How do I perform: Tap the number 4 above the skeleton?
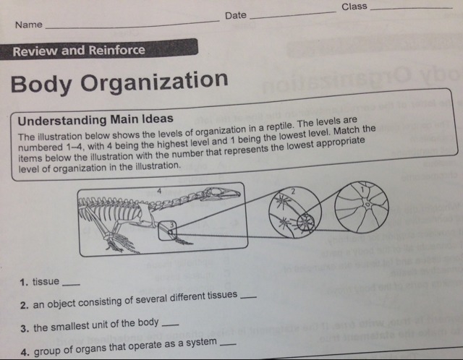pyautogui.click(x=159, y=191)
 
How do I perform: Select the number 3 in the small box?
pyautogui.click(x=171, y=225)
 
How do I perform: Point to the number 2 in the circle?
pyautogui.click(x=293, y=192)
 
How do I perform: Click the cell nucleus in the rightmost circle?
pyautogui.click(x=368, y=204)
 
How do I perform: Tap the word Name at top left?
pyautogui.click(x=29, y=25)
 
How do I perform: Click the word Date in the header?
pyautogui.click(x=236, y=15)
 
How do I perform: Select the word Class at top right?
pyautogui.click(x=354, y=7)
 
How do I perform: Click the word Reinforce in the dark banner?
pyautogui.click(x=117, y=50)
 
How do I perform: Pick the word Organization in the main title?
pyautogui.click(x=154, y=82)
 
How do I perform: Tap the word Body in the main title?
pyautogui.click(x=41, y=84)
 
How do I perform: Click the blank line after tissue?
pyautogui.click(x=72, y=284)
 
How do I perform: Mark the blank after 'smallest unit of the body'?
pyautogui.click(x=171, y=325)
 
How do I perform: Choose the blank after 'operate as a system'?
pyautogui.click(x=229, y=344)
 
